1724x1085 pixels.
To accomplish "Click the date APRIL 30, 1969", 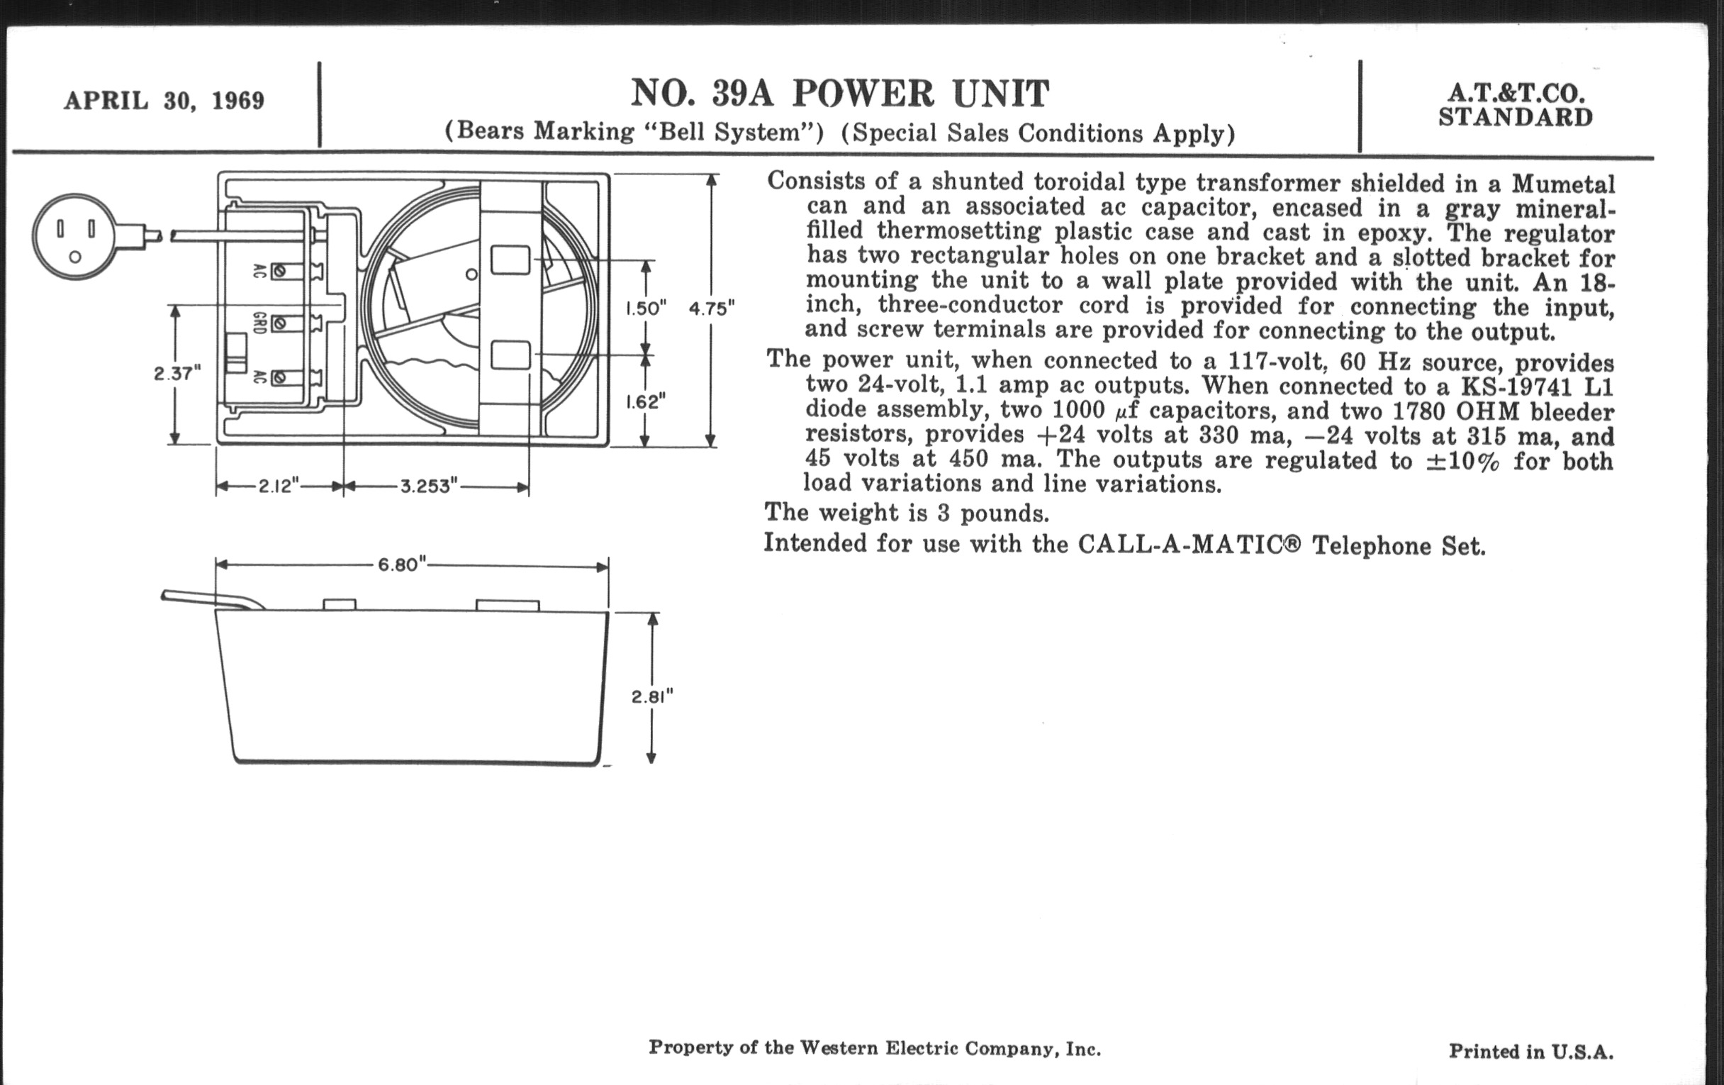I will (x=164, y=100).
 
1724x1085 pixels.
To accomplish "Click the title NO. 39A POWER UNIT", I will (x=840, y=94).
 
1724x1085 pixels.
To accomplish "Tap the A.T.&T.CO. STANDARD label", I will (x=1516, y=105).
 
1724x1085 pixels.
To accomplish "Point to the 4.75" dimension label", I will (x=712, y=308).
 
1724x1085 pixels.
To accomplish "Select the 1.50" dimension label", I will (x=646, y=308).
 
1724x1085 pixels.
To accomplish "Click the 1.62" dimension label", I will (x=646, y=402).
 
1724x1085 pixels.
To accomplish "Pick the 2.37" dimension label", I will (x=177, y=373).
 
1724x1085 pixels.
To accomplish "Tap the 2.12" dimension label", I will (x=279, y=486).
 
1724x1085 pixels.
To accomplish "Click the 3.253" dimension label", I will (x=429, y=486).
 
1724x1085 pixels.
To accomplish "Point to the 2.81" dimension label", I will (x=652, y=697).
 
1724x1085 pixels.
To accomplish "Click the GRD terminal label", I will (x=259, y=323).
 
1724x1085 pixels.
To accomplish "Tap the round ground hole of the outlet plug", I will (x=75, y=257).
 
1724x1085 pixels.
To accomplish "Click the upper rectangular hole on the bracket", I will (x=510, y=260).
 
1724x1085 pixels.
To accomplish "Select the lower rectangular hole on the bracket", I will (x=510, y=355).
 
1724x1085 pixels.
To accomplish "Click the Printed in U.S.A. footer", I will (x=1530, y=1052).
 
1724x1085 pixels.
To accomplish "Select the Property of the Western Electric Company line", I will (x=874, y=1048).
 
